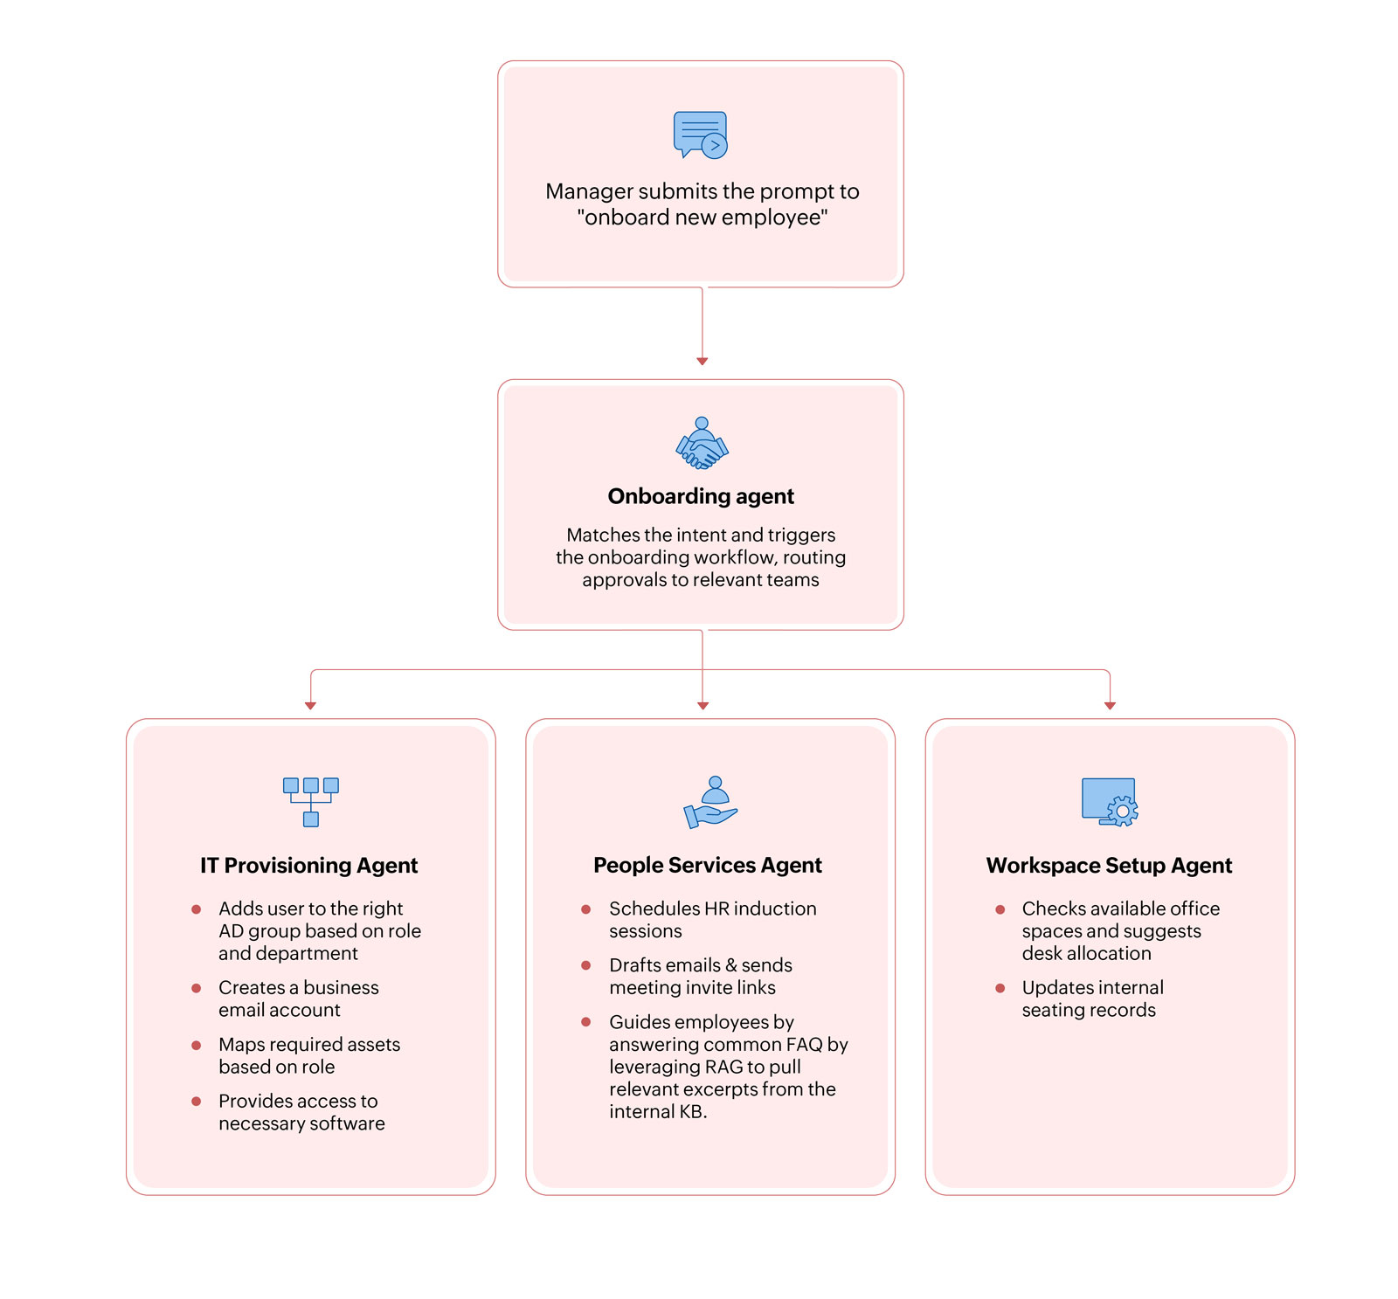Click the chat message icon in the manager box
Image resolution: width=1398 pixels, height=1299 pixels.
coord(700,135)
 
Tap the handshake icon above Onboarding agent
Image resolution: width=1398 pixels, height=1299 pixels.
coord(702,443)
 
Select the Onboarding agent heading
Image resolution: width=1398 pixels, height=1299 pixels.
coord(701,496)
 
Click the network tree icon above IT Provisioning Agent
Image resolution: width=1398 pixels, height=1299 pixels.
coord(310,801)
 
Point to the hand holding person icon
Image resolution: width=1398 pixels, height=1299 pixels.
coord(710,802)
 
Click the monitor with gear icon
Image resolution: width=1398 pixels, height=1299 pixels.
coord(1110,801)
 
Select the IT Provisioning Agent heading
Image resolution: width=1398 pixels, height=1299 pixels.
coord(308,865)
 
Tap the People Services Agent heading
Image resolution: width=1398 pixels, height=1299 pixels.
coord(707,865)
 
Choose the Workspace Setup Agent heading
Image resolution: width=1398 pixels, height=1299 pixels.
coord(1109,865)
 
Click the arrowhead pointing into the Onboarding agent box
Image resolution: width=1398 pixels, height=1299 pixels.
coord(702,361)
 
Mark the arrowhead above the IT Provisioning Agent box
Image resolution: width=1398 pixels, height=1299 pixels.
coord(310,705)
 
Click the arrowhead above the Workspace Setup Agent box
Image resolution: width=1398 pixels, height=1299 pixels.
coord(1110,705)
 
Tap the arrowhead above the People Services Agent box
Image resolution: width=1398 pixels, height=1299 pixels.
coord(702,705)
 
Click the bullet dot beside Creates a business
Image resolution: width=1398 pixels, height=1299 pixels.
coord(197,988)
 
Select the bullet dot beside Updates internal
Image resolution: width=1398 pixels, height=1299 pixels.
coord(1000,988)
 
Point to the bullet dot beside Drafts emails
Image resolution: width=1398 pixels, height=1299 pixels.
coord(586,965)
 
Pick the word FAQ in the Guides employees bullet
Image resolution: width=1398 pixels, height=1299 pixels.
coord(804,1045)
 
